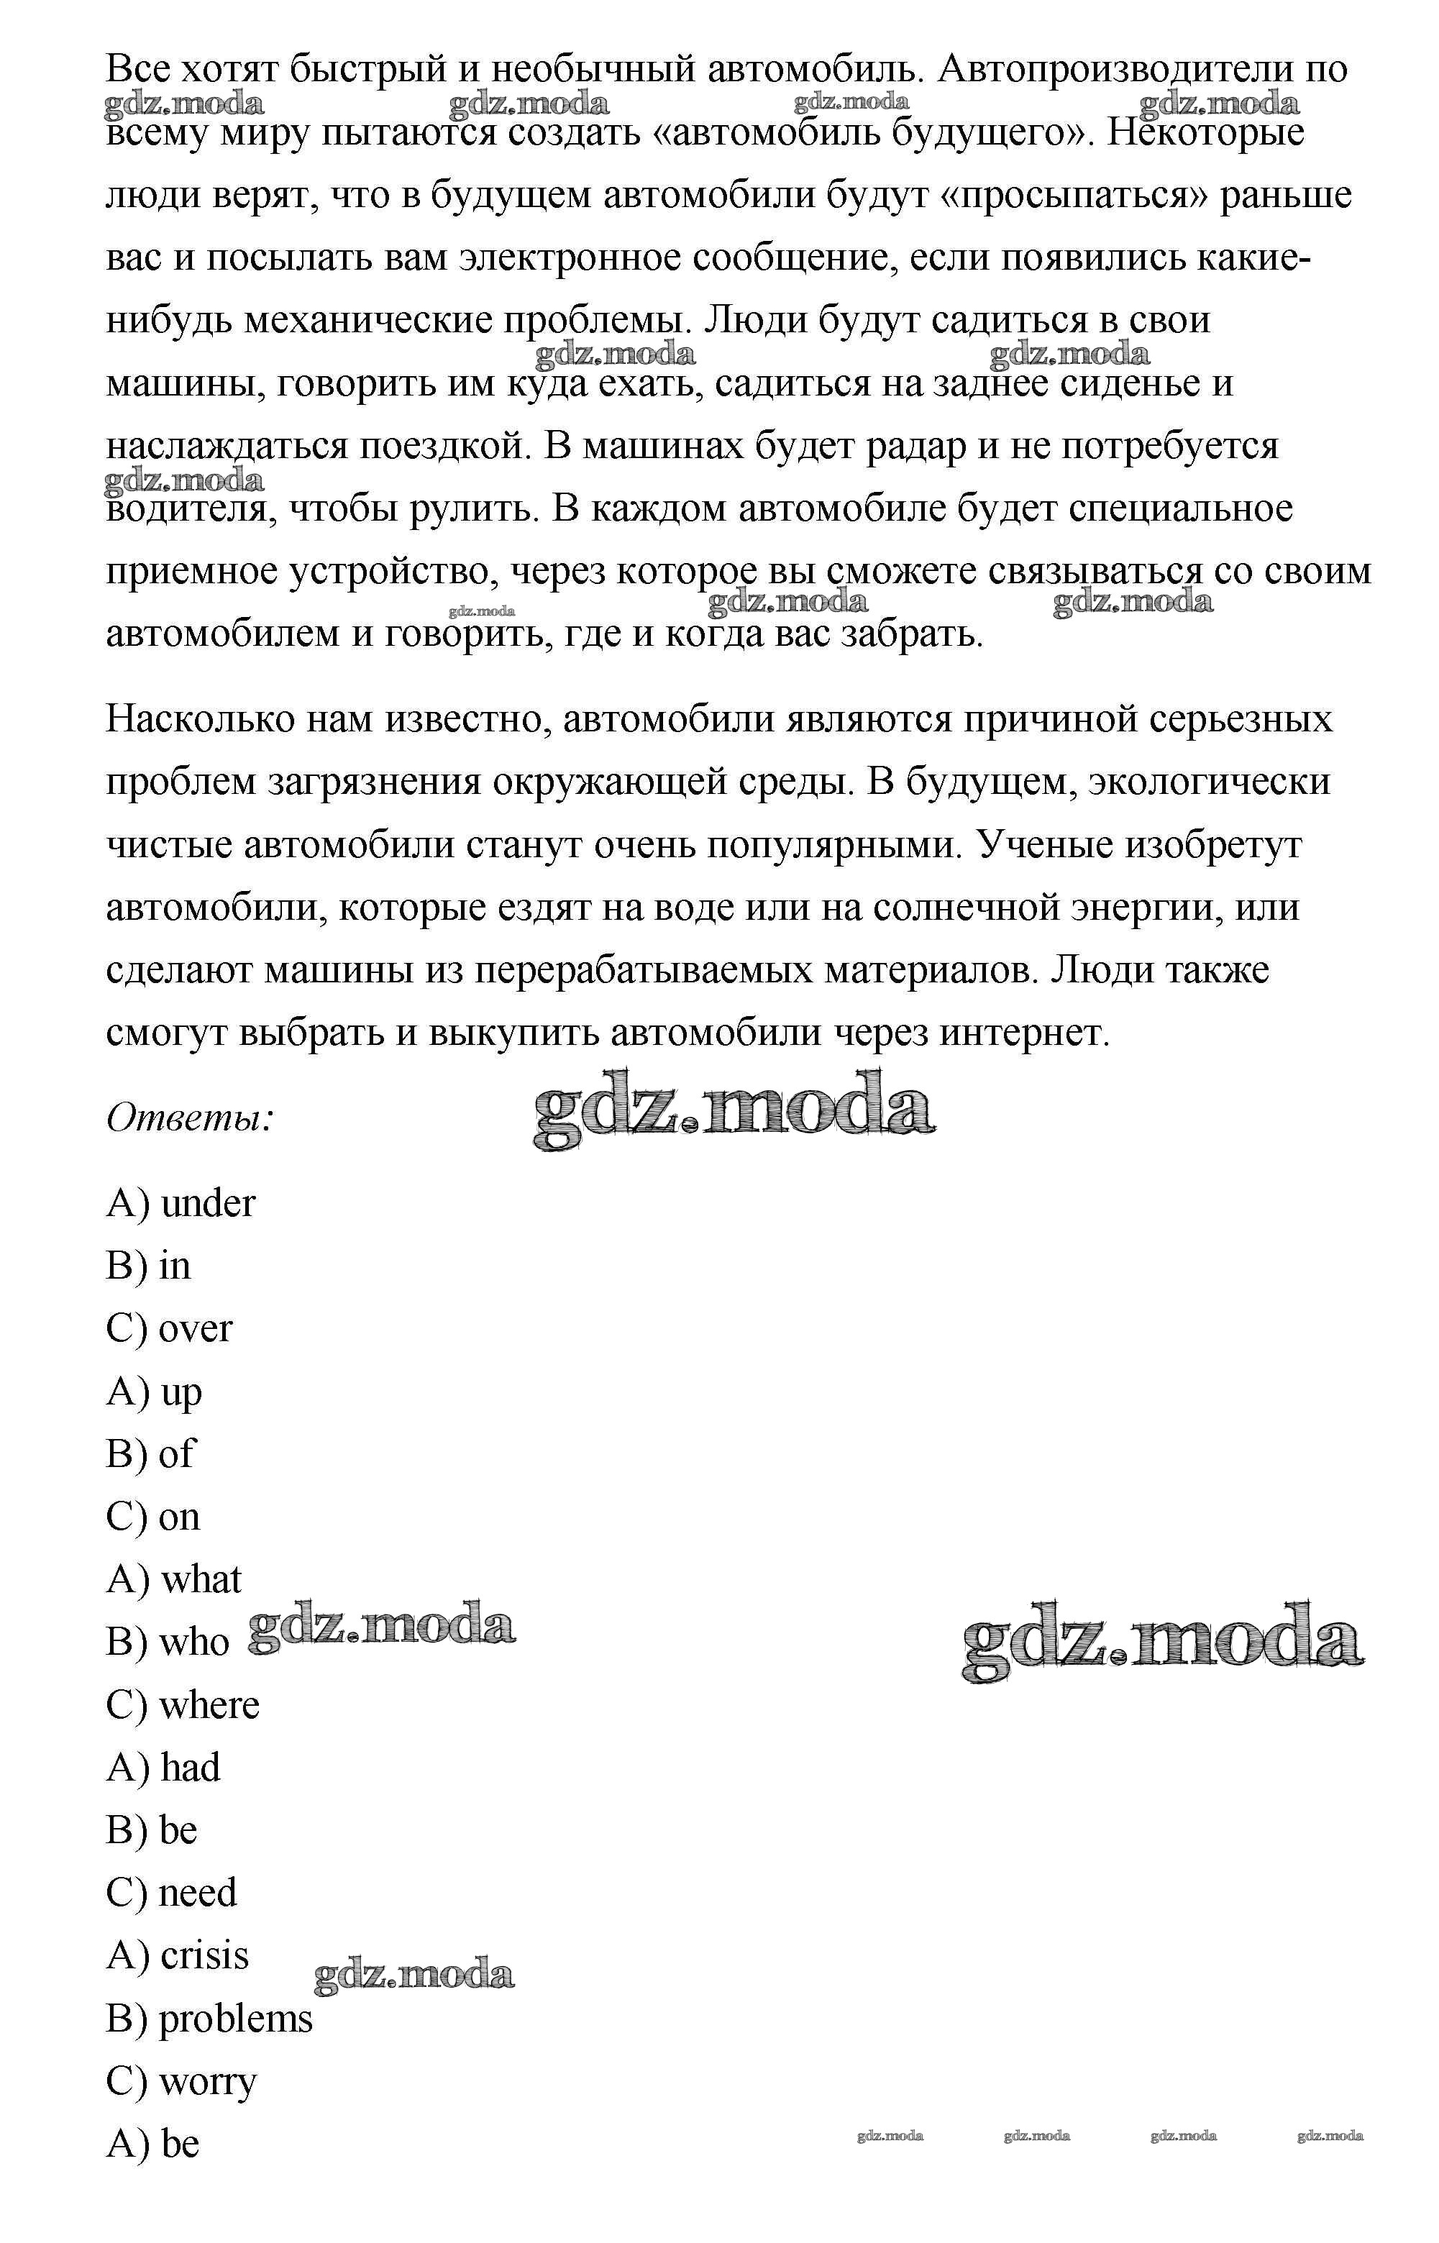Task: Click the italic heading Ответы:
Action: pyautogui.click(x=190, y=1118)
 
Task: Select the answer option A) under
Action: pyautogui.click(x=181, y=1203)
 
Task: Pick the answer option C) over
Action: pyautogui.click(x=169, y=1328)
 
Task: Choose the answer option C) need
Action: pyautogui.click(x=171, y=1893)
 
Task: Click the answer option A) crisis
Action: pyautogui.click(x=178, y=1955)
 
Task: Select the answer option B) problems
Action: pyautogui.click(x=209, y=2019)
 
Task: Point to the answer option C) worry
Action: pyautogui.click(x=181, y=2081)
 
